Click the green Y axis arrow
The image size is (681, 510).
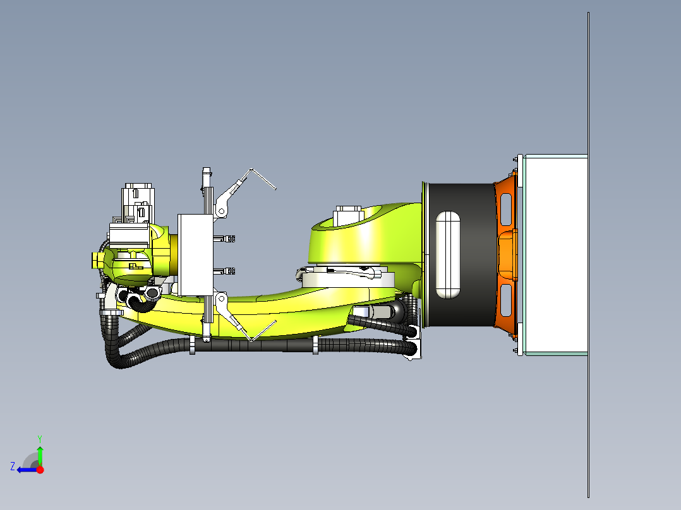pos(40,456)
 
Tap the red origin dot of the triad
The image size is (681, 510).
pos(40,470)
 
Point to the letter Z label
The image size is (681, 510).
pos(13,466)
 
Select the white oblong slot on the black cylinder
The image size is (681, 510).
pos(448,255)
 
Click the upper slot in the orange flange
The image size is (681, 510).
pos(506,209)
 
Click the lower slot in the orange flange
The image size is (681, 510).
pos(506,300)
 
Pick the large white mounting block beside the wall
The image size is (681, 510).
pos(555,255)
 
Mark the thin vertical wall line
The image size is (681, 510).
pos(589,255)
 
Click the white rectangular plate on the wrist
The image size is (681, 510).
pos(195,255)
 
